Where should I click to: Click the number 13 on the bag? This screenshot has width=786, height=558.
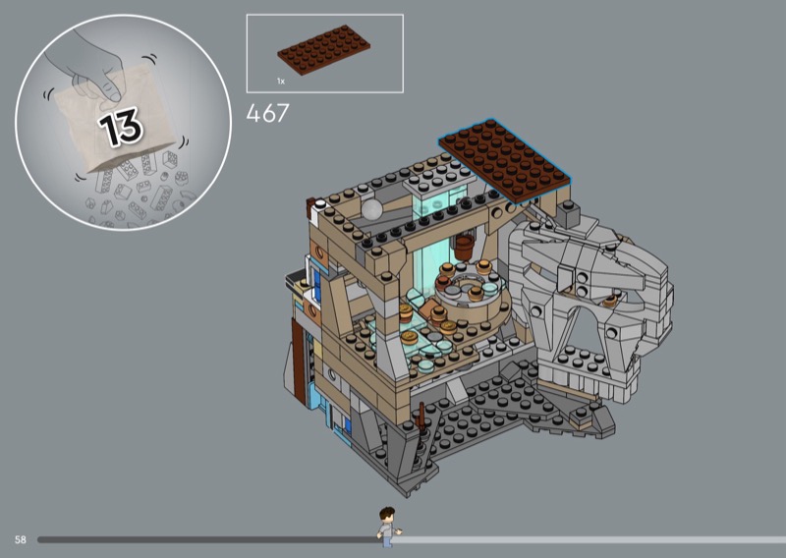[121, 127]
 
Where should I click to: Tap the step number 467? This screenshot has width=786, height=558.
[267, 113]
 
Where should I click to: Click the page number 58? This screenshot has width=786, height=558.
[20, 540]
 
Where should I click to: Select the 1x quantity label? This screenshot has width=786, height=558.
[281, 81]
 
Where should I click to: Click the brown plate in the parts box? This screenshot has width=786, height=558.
[324, 49]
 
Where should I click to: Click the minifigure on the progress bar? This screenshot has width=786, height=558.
[388, 527]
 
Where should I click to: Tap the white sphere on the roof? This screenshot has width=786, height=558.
[372, 209]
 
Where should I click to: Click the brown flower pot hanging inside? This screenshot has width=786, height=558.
[464, 247]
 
